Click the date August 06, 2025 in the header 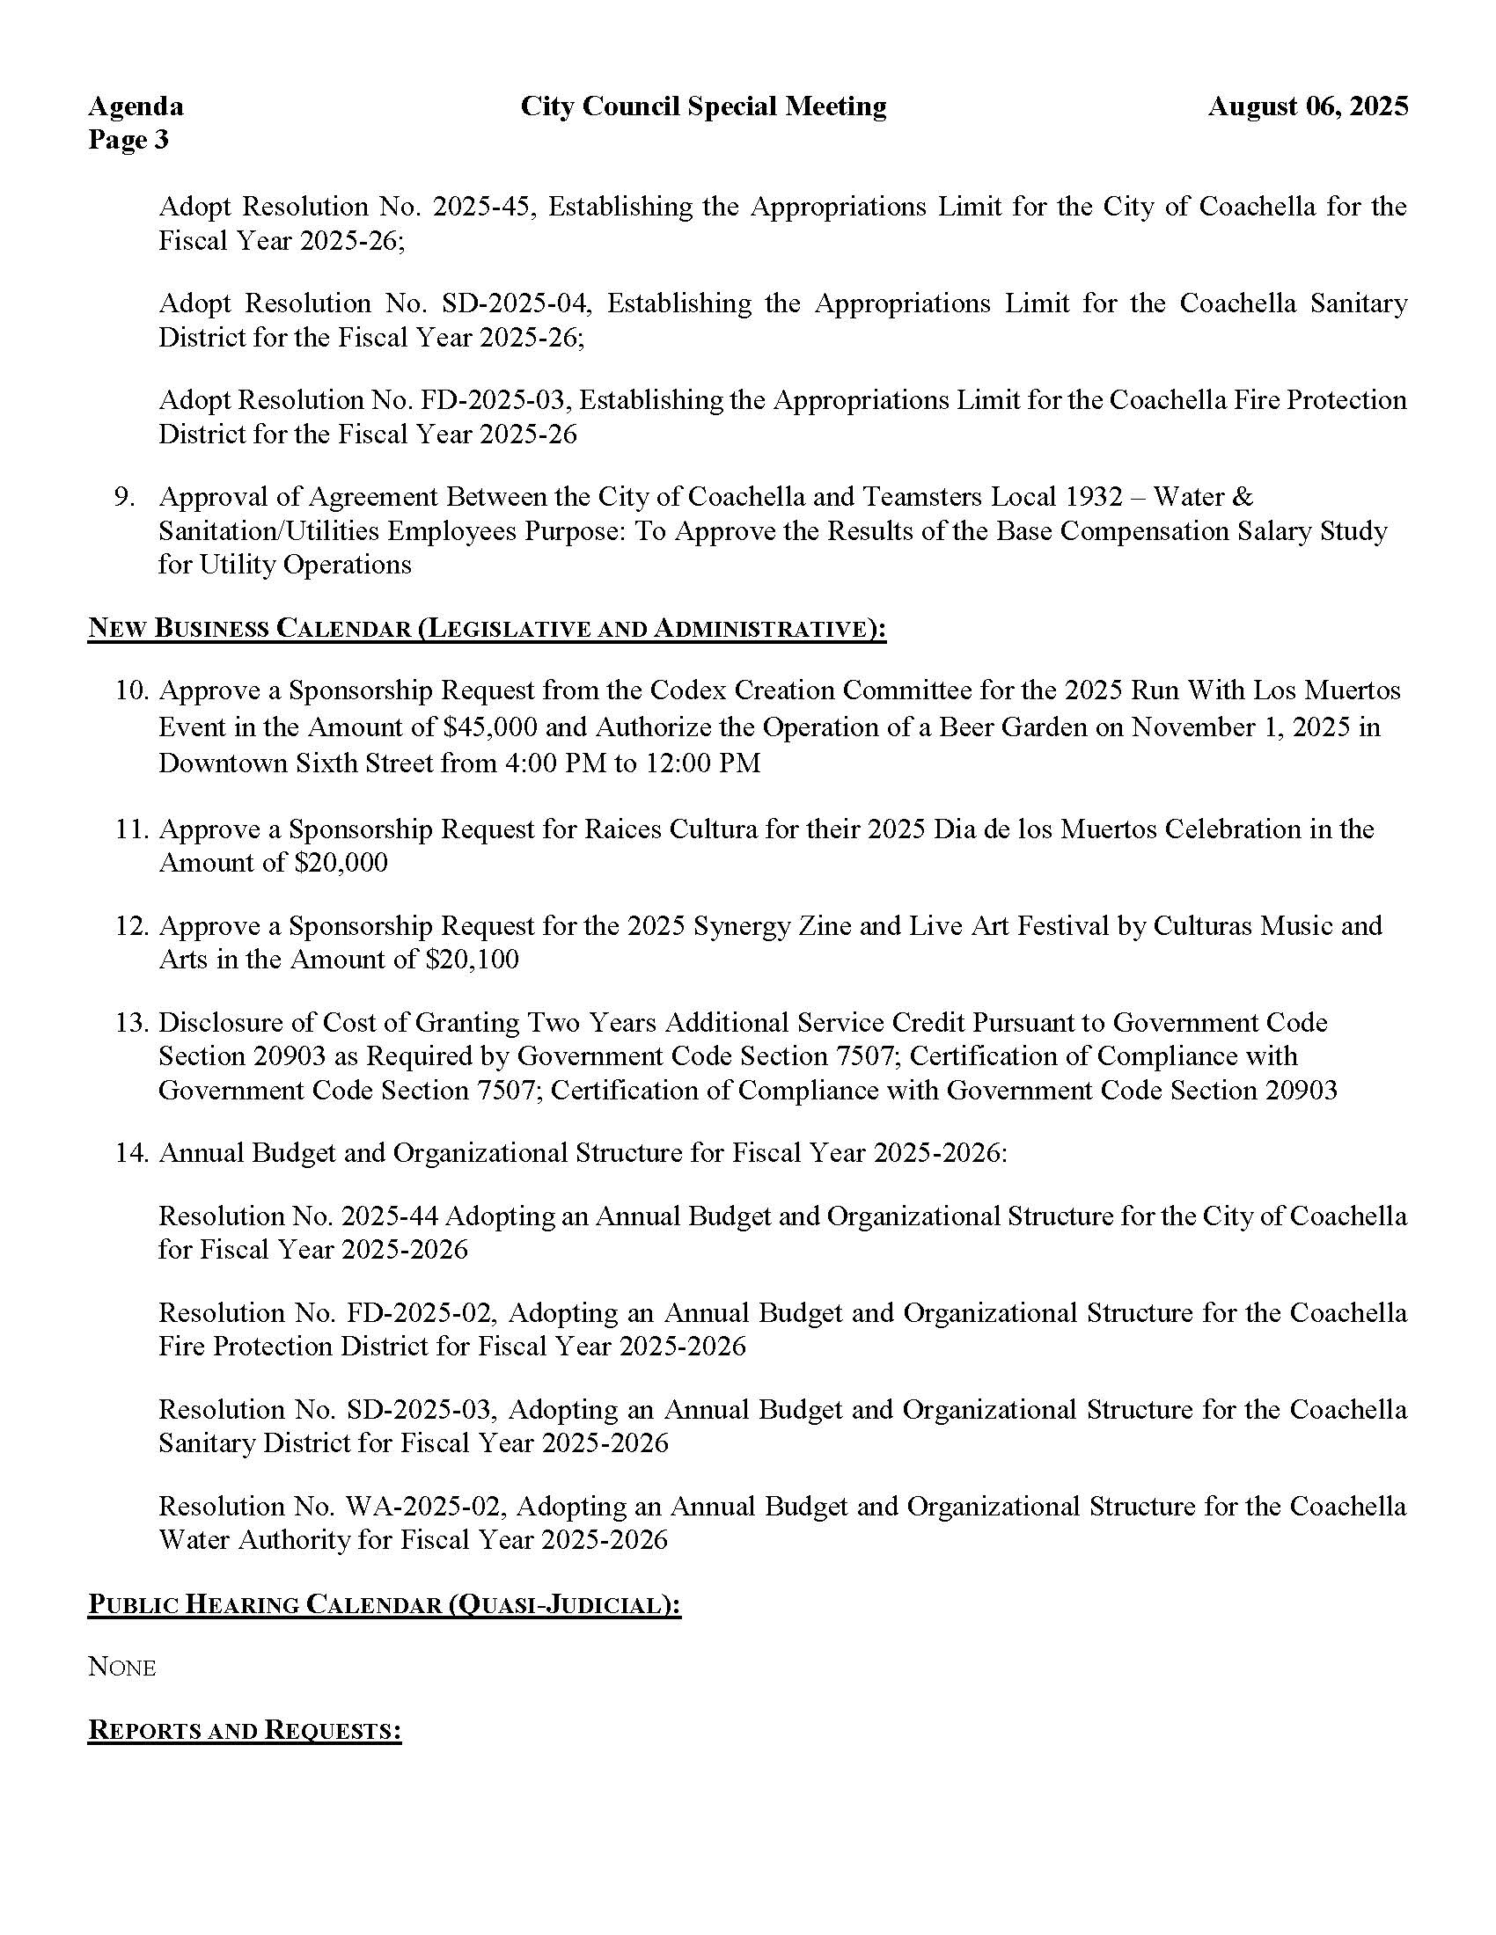(x=1307, y=106)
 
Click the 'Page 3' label (x=128, y=140)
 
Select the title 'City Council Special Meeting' (x=703, y=106)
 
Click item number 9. (x=124, y=497)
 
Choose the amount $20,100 (x=473, y=960)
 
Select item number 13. (x=130, y=1023)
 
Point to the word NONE (x=121, y=1668)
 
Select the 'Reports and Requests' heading (x=245, y=1730)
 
